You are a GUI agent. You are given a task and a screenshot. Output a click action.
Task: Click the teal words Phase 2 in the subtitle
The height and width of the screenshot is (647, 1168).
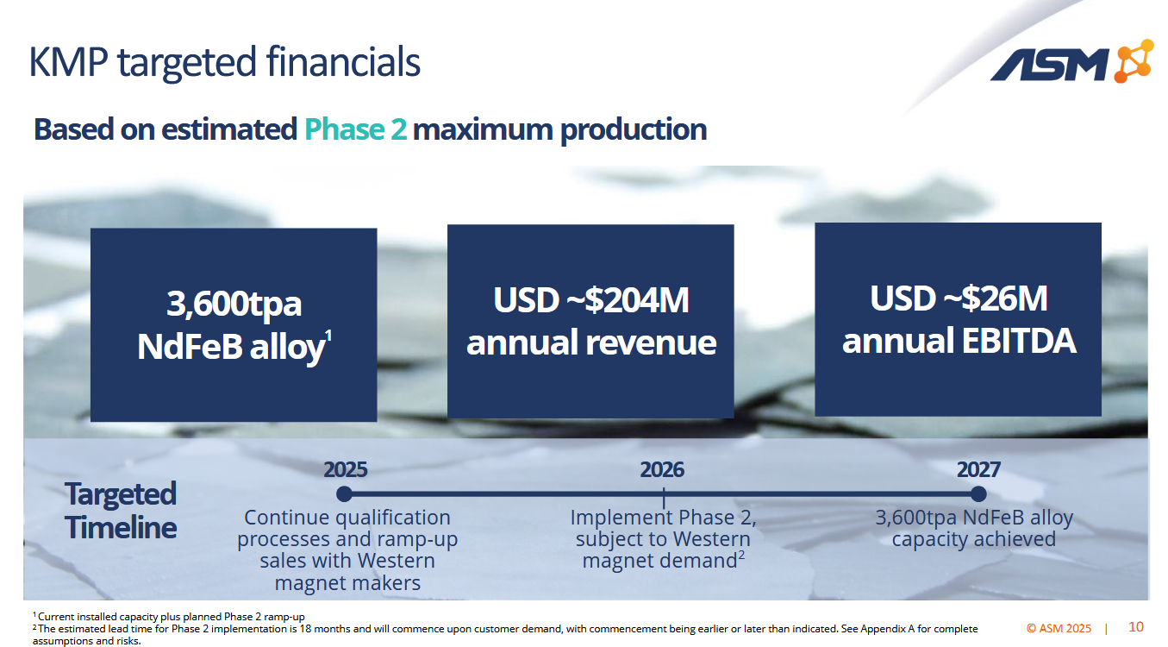(355, 129)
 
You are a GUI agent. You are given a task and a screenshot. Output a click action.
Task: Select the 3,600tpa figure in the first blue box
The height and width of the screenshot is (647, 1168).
(234, 304)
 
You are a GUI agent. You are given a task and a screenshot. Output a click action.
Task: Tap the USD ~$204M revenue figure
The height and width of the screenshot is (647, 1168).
(590, 300)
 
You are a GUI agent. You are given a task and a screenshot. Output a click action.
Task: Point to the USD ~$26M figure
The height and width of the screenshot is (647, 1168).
(959, 298)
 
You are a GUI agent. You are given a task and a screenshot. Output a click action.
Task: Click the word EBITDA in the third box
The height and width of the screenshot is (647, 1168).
(1018, 341)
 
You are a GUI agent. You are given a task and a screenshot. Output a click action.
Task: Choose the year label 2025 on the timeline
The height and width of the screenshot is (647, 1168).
(345, 469)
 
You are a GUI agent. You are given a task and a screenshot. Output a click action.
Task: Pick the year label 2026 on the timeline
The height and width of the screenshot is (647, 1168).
(662, 469)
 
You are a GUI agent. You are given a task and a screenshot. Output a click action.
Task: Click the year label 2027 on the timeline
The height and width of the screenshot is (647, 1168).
(978, 469)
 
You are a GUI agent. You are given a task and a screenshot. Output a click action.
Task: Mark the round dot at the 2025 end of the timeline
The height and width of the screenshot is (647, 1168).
(344, 493)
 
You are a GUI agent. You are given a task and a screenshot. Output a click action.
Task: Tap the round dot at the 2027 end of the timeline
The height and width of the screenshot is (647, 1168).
(978, 493)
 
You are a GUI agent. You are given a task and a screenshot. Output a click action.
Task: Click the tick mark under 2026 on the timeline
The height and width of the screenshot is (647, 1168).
(664, 498)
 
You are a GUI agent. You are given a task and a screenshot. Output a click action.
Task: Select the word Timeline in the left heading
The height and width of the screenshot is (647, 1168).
(121, 527)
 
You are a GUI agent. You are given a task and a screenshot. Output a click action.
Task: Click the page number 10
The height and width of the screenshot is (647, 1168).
(1135, 626)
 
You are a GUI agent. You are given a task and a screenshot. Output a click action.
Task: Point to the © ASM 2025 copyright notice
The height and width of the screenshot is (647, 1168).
(1059, 628)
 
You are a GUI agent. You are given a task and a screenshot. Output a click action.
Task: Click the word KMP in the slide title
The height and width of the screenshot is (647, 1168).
(68, 62)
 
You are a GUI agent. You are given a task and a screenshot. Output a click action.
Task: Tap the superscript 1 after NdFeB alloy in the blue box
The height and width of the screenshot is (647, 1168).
(328, 336)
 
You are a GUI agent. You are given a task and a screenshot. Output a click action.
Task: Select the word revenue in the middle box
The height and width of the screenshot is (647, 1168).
(651, 342)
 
